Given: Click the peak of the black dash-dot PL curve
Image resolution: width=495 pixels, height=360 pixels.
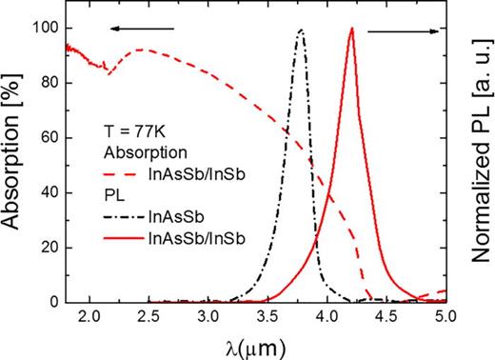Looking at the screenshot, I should tap(301, 30).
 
